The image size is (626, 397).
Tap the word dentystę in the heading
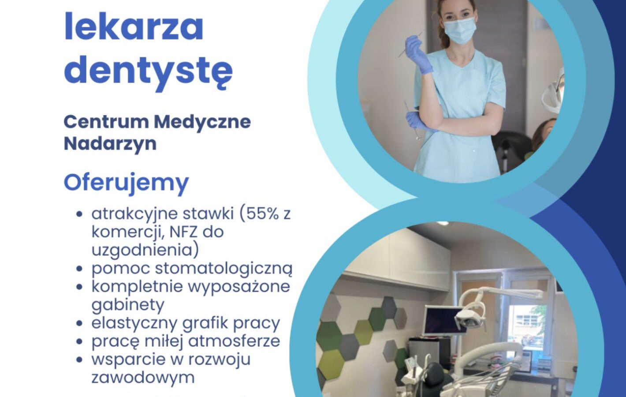149,69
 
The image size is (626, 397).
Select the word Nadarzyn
110,143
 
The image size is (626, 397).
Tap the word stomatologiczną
224,269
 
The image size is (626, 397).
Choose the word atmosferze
234,341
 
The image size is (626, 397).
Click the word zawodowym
143,378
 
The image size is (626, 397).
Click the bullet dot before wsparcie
80,359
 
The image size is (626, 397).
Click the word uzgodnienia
145,250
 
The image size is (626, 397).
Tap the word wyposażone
239,288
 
